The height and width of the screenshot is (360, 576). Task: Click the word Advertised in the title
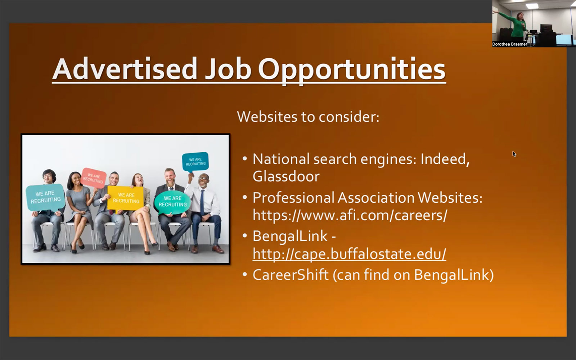click(x=125, y=69)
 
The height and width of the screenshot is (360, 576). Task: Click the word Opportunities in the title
click(x=352, y=70)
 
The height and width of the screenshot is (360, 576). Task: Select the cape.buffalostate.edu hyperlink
click(x=349, y=254)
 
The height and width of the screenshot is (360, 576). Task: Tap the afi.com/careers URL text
click(x=350, y=215)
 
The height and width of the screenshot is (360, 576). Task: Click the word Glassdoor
click(x=286, y=176)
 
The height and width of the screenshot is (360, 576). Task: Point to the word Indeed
click(x=445, y=159)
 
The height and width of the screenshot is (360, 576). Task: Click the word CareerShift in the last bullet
click(x=291, y=274)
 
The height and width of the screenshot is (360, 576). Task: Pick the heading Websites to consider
click(x=308, y=117)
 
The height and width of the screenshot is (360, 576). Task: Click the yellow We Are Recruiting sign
click(x=125, y=198)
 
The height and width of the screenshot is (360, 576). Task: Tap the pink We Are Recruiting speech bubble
click(x=93, y=178)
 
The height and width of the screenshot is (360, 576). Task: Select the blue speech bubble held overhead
click(x=195, y=162)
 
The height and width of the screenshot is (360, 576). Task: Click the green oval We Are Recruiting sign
click(x=172, y=202)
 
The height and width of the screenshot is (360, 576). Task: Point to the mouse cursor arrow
click(x=514, y=154)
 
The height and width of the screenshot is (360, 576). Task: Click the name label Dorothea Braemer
click(x=509, y=44)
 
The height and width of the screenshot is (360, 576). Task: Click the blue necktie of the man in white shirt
click(x=202, y=203)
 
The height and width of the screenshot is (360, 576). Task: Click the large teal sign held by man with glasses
click(x=45, y=197)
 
